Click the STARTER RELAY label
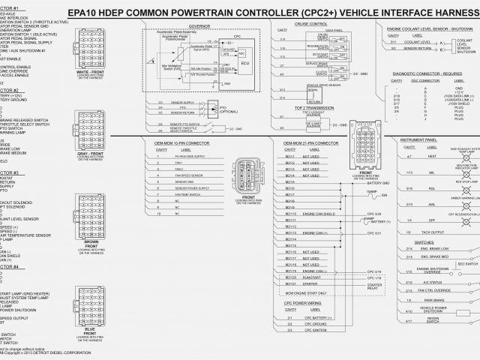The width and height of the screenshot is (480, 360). [x=376, y=288]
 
